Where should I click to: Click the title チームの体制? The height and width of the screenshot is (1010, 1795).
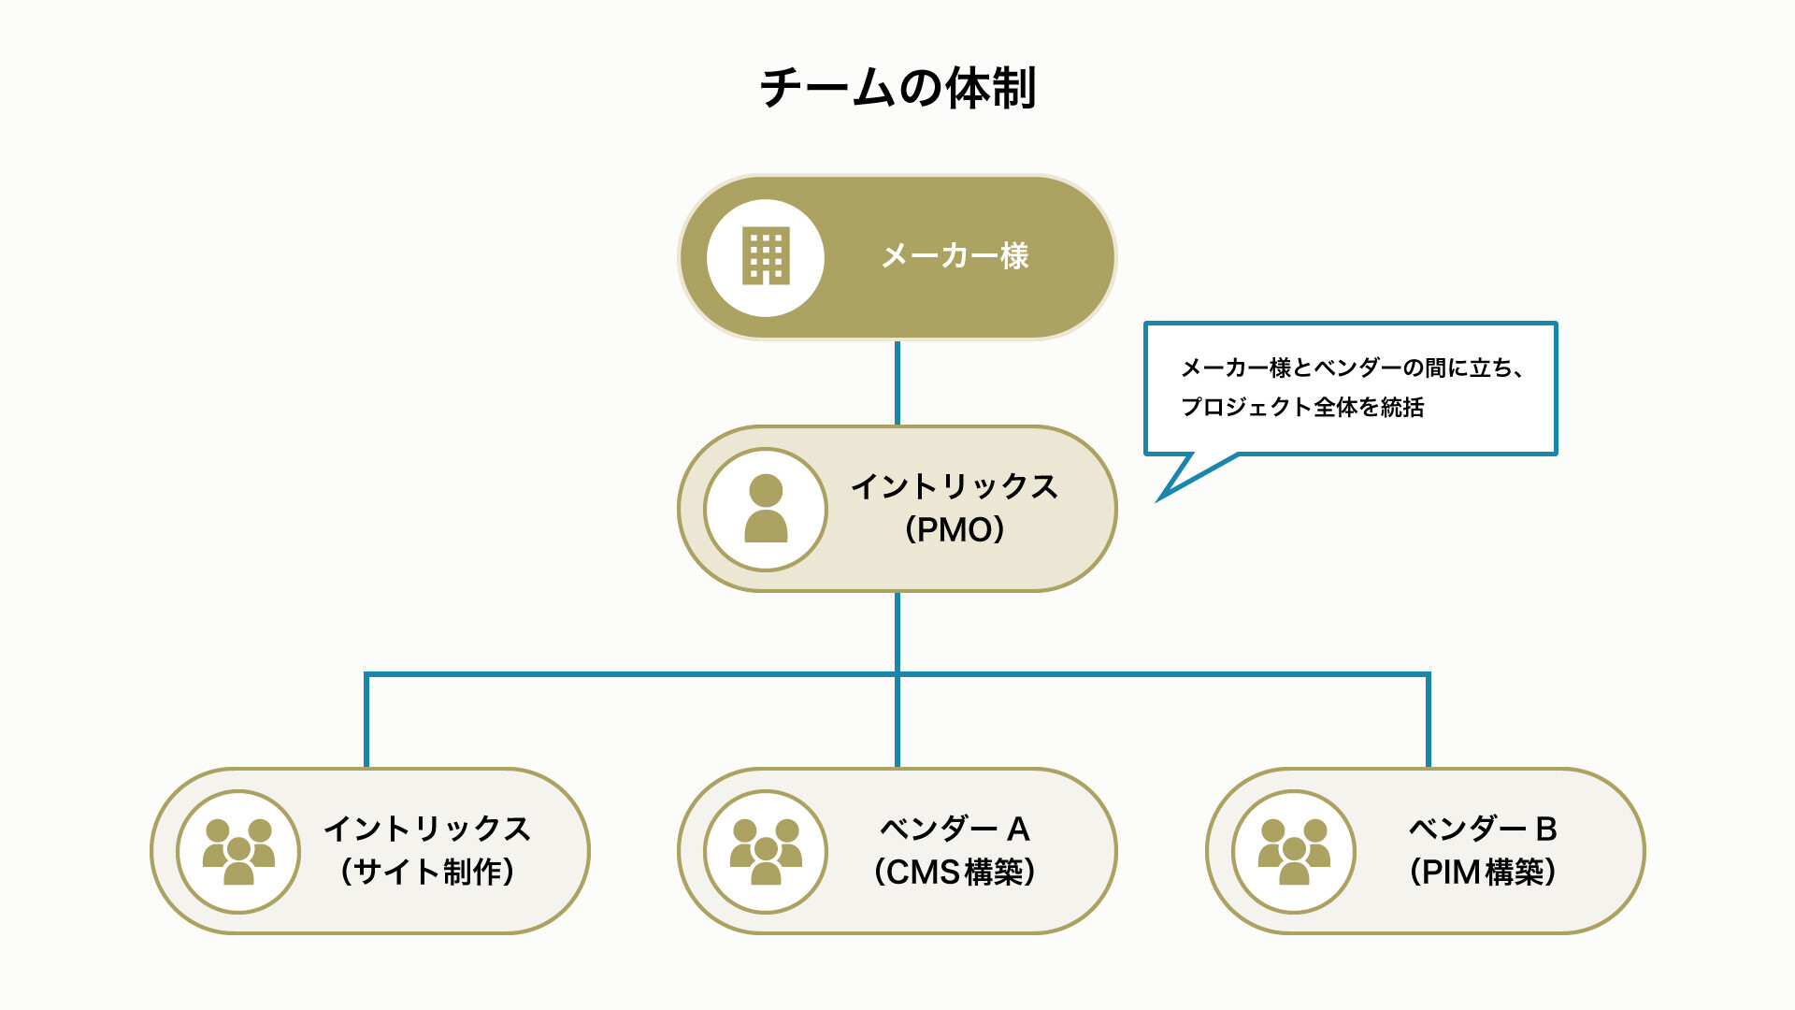pos(897,88)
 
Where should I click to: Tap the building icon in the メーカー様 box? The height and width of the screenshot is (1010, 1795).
pos(766,256)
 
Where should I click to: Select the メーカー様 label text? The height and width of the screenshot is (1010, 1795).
pos(955,255)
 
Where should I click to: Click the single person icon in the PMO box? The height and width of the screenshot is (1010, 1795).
pos(766,508)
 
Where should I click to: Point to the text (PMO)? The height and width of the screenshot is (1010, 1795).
pos(955,529)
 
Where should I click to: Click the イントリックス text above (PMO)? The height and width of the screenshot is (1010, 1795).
pos(955,486)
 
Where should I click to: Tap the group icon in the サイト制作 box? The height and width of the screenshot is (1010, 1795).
pos(238,851)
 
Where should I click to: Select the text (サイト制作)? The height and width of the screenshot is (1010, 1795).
pos(427,872)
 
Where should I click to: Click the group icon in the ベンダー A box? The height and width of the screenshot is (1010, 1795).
pos(766,851)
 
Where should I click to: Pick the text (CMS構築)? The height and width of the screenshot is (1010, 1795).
pos(955,872)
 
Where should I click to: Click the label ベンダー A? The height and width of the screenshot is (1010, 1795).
pos(955,829)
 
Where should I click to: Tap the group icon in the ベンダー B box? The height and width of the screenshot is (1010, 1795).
pos(1294,851)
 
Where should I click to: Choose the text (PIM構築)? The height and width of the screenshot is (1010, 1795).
pos(1483,872)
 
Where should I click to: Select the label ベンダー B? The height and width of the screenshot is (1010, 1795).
pos(1483,829)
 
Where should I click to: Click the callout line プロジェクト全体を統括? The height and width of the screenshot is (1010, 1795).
pos(1302,407)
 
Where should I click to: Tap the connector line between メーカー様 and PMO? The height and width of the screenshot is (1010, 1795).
pos(897,382)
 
